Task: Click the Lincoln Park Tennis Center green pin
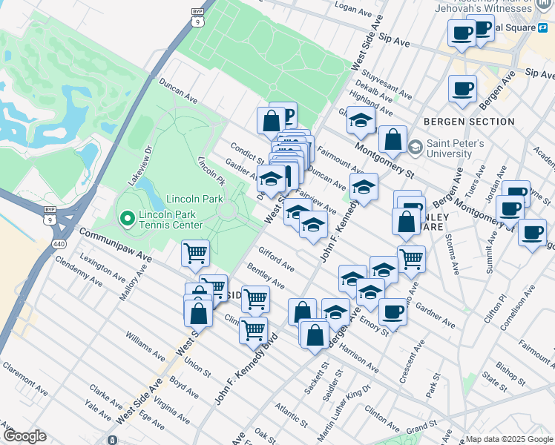tap(127, 219)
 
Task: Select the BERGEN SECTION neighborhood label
tap(469, 122)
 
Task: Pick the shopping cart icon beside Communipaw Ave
tap(195, 254)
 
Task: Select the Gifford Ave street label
tap(276, 260)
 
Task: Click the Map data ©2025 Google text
tap(508, 439)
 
